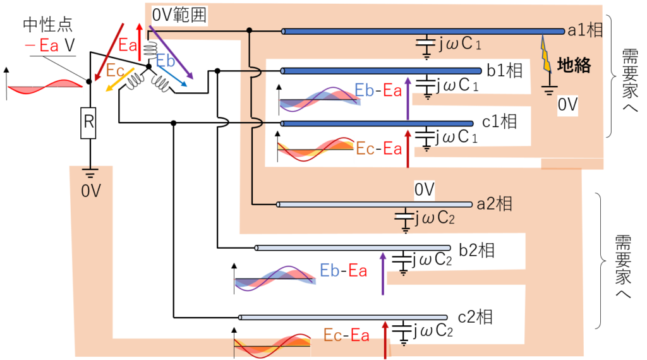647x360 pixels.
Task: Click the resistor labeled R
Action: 89,123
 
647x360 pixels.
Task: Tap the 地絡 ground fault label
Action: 574,65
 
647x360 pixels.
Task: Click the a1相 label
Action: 585,30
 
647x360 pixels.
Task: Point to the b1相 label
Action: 505,71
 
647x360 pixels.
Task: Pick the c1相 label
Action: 499,122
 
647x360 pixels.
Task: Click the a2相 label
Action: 494,204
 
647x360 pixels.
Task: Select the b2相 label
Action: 476,250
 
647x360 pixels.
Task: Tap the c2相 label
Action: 475,317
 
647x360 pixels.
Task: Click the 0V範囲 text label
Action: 179,15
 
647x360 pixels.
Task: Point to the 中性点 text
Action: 48,25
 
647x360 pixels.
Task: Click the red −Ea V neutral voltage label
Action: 50,45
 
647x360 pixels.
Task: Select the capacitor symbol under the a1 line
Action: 426,46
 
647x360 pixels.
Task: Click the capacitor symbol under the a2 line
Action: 405,220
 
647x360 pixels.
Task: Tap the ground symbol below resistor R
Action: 90,172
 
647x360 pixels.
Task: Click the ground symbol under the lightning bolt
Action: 549,90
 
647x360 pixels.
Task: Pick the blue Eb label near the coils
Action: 166,61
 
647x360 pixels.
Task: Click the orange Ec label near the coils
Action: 115,71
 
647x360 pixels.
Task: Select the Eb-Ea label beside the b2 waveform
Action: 343,270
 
